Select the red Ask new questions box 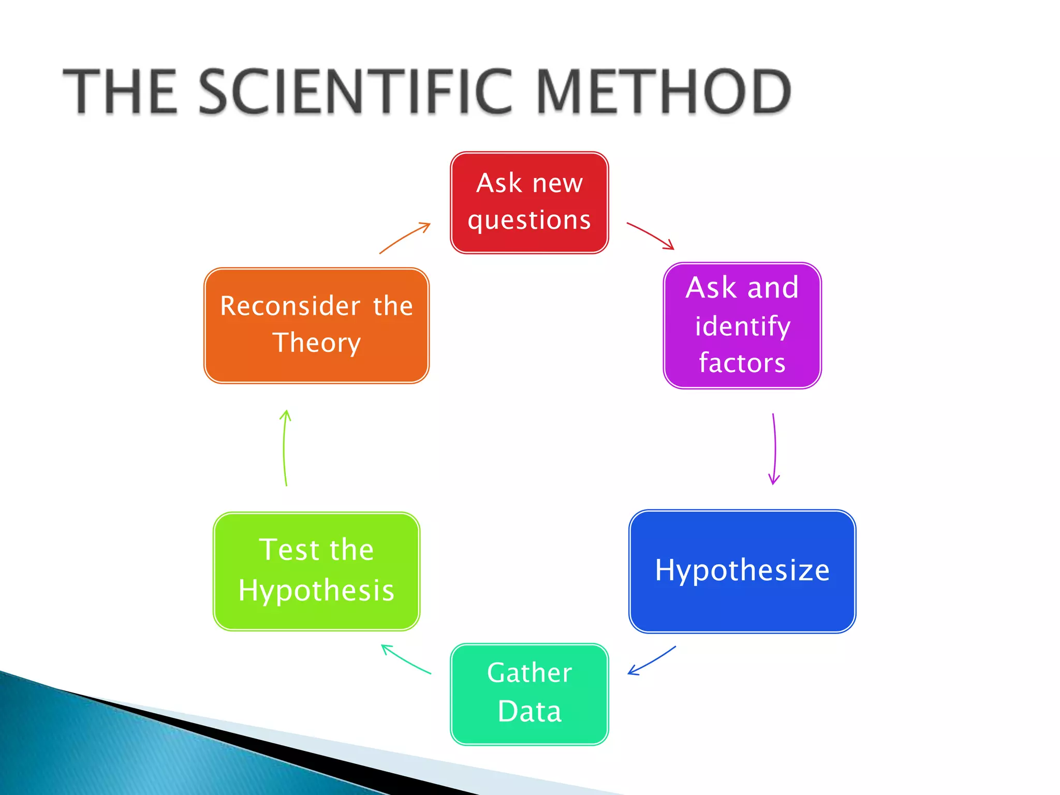529,202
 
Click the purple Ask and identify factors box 742,325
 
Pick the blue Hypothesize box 742,571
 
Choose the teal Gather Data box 529,694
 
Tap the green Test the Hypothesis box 316,571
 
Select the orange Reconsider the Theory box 316,325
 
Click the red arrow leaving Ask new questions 650,235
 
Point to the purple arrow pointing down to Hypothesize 775,448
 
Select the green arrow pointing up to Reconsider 285,448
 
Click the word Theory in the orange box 316,343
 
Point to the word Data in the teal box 529,711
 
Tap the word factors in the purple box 742,362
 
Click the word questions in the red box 529,220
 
